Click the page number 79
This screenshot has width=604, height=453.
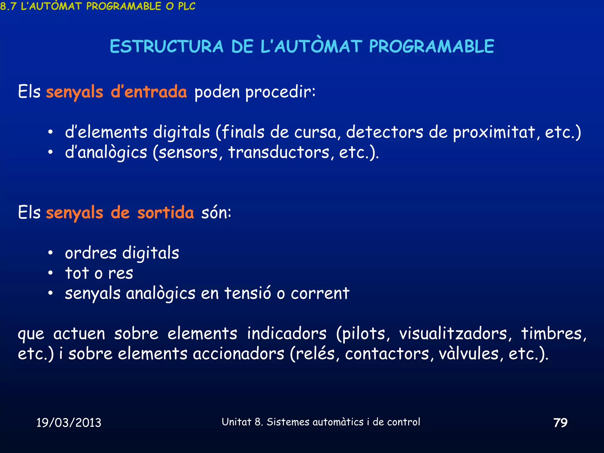pos(560,423)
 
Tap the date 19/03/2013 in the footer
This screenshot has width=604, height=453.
pos(69,423)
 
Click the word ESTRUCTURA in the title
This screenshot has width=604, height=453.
pos(167,47)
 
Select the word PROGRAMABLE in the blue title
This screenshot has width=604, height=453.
pos(431,47)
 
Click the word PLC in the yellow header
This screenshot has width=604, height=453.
pos(187,6)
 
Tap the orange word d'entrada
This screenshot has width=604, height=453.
pos(149,92)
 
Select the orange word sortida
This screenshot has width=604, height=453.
pos(165,213)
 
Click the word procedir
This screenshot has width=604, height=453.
pos(280,92)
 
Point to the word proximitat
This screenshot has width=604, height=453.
pos(494,132)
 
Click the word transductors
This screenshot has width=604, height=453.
pos(279,152)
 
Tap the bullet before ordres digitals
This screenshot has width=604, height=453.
pos(50,253)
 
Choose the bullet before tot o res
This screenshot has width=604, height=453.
pos(50,273)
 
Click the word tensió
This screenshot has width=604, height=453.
pos(247,293)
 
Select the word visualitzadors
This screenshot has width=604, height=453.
pos(456,334)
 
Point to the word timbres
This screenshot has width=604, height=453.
pos(553,334)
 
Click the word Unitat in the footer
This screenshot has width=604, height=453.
pos(237,422)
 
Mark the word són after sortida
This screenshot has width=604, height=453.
pos(216,213)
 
